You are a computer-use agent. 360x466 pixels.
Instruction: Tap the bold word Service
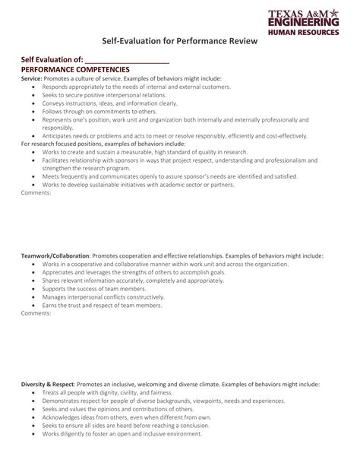tap(31, 78)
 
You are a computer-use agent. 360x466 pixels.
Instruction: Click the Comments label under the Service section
tap(36, 192)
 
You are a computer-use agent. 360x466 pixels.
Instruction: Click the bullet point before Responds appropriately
tap(33, 87)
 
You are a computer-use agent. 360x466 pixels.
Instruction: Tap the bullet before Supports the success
tap(33, 289)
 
